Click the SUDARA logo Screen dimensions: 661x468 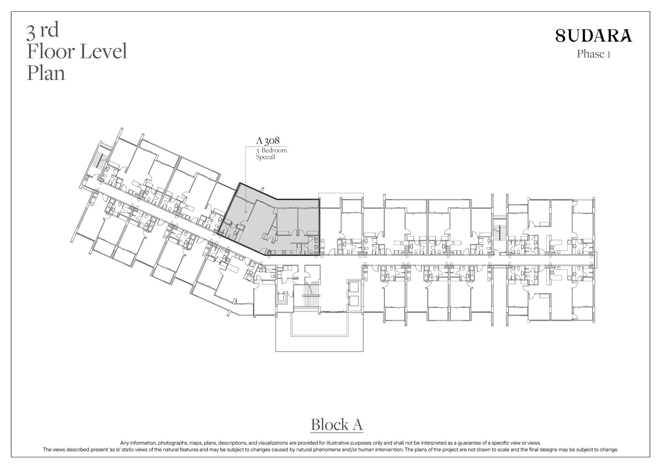coord(594,36)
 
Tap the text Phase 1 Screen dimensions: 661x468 coord(594,54)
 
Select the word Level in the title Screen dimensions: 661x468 coord(104,51)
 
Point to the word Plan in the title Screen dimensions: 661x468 coord(46,74)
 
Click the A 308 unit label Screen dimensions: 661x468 coord(268,141)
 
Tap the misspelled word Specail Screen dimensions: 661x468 coord(265,157)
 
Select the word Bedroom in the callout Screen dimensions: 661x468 coord(274,150)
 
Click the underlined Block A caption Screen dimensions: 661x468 coord(337,425)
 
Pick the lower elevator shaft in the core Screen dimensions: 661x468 coord(354,301)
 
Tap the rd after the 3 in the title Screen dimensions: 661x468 coord(49,30)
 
